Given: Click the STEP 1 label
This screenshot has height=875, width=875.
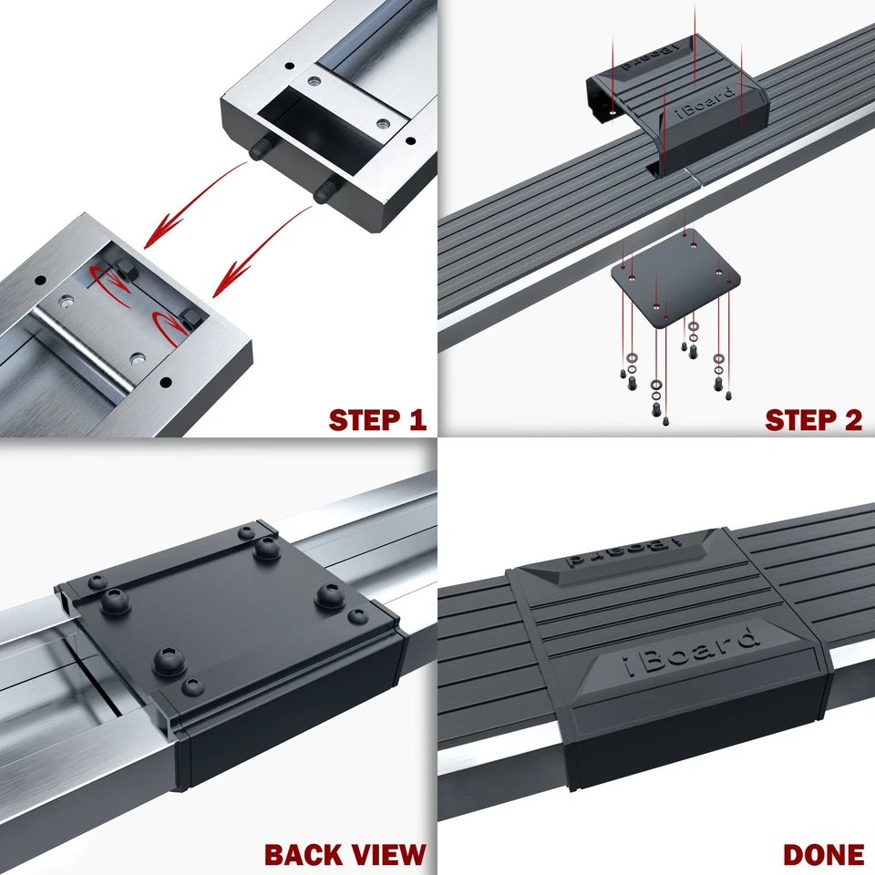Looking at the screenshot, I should tap(377, 420).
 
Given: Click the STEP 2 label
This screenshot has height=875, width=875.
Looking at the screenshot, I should tap(813, 420).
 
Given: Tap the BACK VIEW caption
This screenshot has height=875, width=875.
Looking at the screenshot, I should tap(345, 854).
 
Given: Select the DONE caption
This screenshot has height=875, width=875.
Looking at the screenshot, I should tap(823, 854).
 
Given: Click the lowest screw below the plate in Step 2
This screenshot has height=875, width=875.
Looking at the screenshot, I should tap(664, 418).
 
